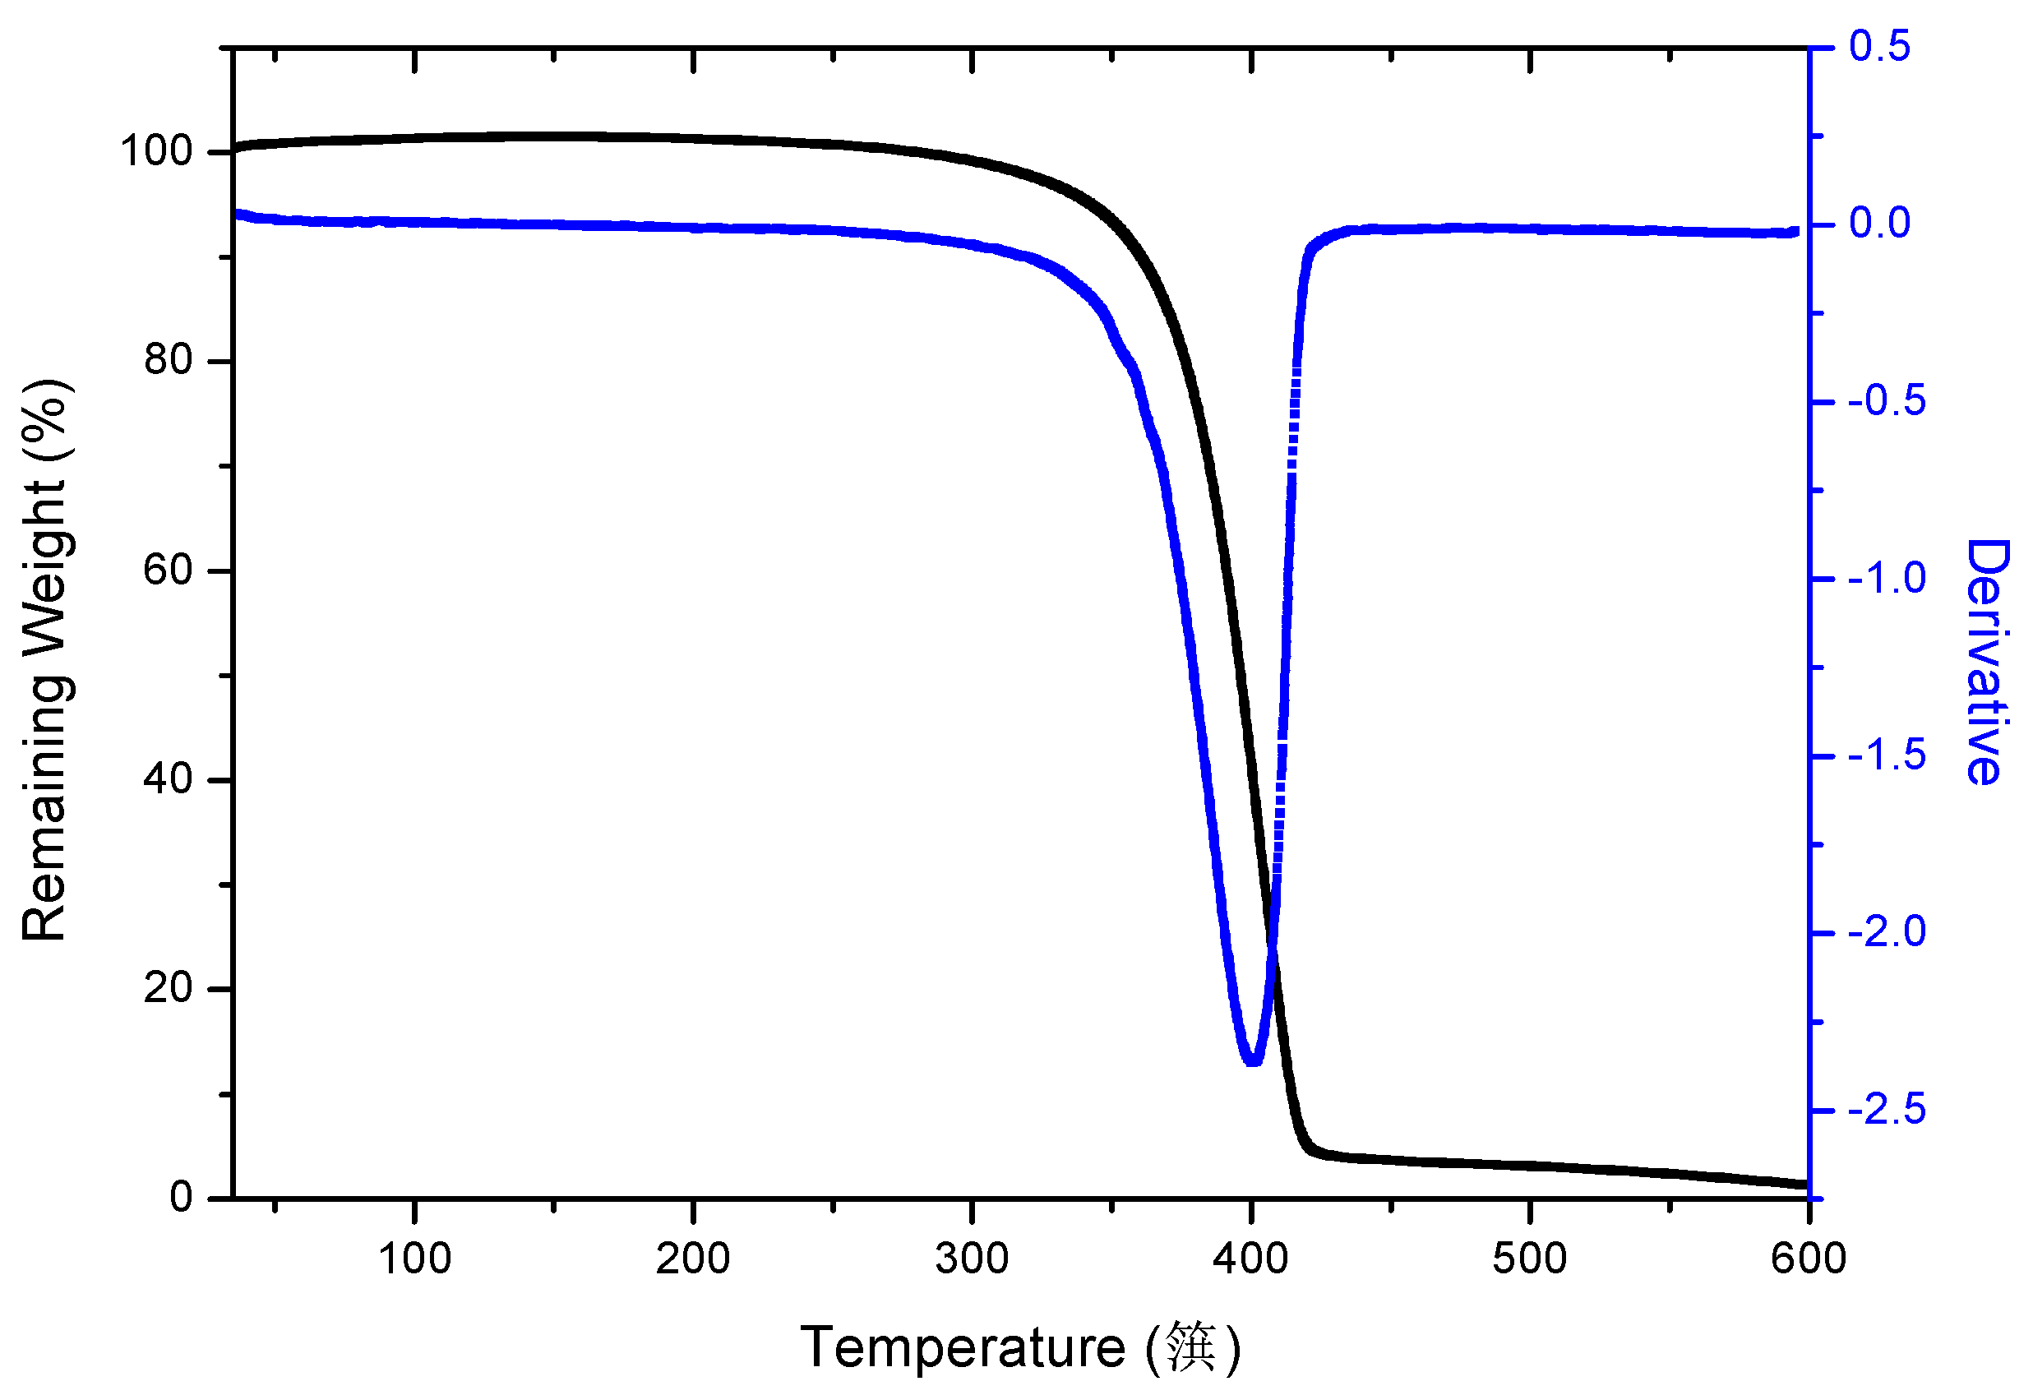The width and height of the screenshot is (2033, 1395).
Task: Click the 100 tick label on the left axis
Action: pyautogui.click(x=155, y=151)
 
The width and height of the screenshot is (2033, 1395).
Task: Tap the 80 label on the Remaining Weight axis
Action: pyautogui.click(x=168, y=360)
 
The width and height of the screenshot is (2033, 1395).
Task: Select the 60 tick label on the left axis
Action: pyautogui.click(x=168, y=570)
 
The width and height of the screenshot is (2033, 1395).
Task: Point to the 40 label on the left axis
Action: pyautogui.click(x=168, y=779)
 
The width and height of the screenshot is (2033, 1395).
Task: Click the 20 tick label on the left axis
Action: pyautogui.click(x=168, y=988)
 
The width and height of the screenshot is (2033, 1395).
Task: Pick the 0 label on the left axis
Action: pyautogui.click(x=181, y=1198)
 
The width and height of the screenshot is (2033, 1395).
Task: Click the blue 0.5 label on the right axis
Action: pyautogui.click(x=1880, y=46)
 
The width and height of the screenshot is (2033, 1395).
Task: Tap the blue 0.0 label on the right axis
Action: pyautogui.click(x=1880, y=224)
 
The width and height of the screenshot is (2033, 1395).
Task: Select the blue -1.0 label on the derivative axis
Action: pyautogui.click(x=1887, y=579)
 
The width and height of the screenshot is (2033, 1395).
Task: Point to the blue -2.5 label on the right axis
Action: pyautogui.click(x=1887, y=1111)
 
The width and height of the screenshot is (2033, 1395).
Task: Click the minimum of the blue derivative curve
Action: pyautogui.click(x=1253, y=1060)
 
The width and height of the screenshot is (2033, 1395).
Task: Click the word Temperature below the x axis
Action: pyautogui.click(x=963, y=1348)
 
